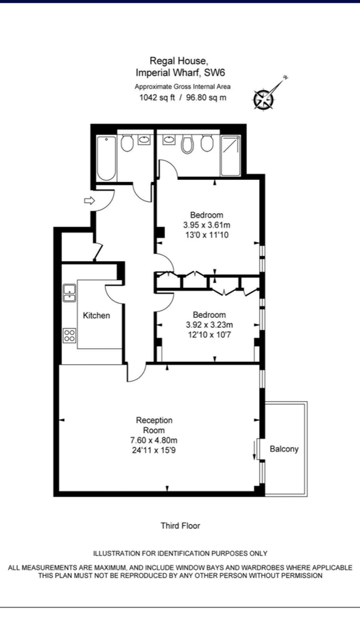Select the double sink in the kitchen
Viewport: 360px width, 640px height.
(70, 292)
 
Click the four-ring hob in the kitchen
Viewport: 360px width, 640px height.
(70, 335)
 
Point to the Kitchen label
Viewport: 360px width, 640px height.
(96, 316)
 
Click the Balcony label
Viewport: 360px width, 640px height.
(284, 449)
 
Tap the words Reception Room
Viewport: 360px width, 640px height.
(154, 425)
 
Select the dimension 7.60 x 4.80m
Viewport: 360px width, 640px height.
(154, 441)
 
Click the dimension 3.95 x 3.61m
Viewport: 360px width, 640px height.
(207, 225)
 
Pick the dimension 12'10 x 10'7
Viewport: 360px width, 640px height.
(209, 335)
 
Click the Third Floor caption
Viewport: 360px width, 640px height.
(181, 526)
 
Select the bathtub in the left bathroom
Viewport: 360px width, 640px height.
(107, 158)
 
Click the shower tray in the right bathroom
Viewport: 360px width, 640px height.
(231, 156)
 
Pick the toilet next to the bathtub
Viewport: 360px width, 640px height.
(127, 143)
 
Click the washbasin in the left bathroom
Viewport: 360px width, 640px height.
(144, 140)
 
